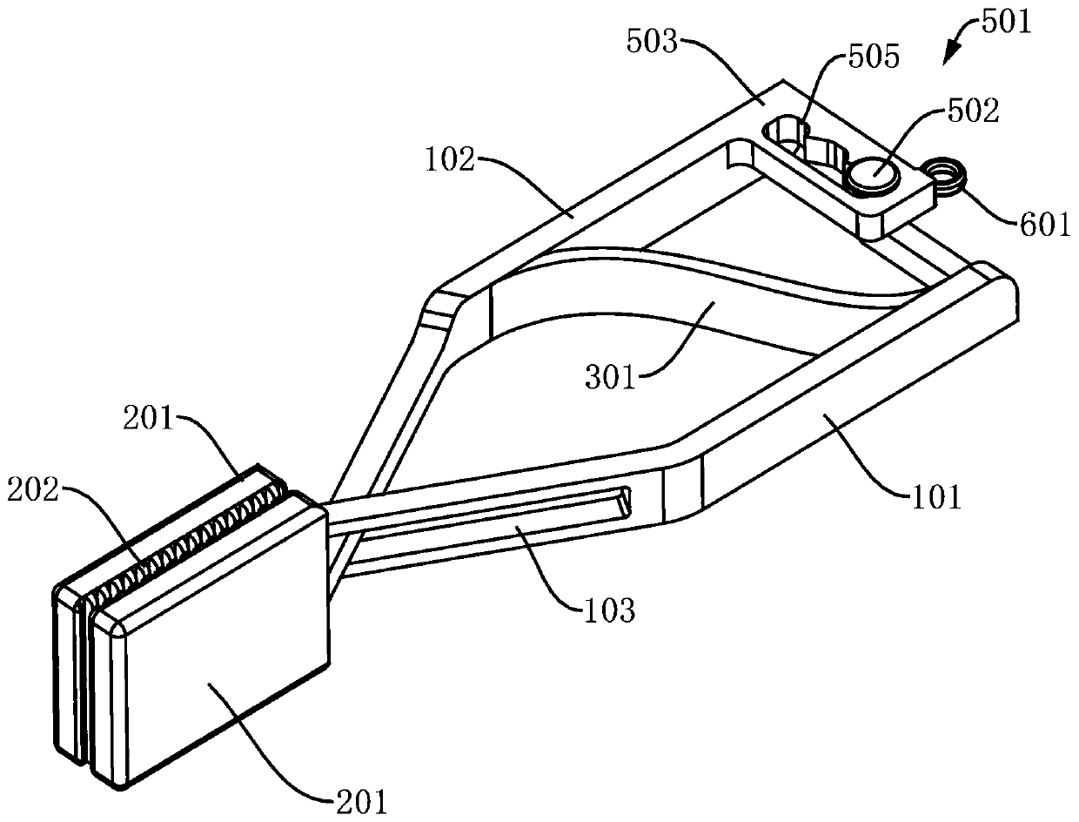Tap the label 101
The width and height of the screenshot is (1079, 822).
pos(937,497)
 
